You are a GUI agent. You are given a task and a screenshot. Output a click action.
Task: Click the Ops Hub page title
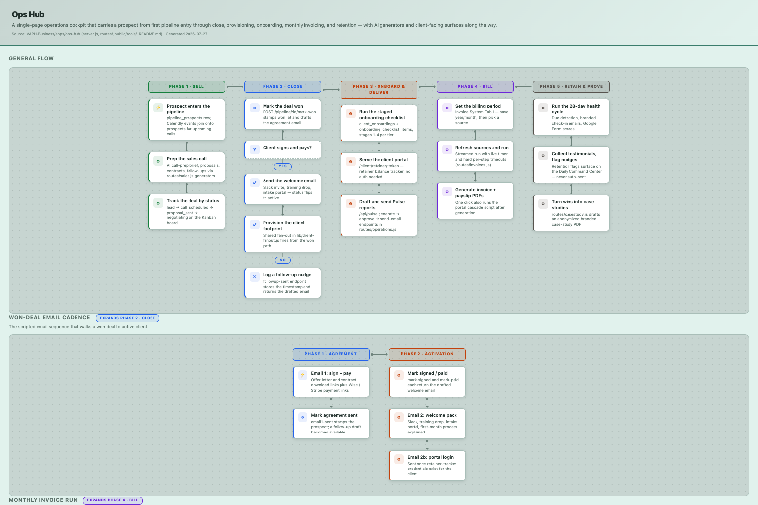tap(28, 14)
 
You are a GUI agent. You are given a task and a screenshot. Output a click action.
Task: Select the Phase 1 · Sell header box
tap(187, 87)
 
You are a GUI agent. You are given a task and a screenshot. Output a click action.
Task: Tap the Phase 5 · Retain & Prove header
tap(571, 87)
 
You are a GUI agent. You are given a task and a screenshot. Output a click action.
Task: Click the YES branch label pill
tap(283, 166)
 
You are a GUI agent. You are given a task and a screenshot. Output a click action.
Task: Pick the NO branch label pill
tap(283, 260)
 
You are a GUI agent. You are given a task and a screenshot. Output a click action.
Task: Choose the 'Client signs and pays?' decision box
tap(283, 149)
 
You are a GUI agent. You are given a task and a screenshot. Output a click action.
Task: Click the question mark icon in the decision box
tap(255, 149)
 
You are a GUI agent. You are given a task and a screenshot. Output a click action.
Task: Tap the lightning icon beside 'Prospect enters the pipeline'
tap(158, 108)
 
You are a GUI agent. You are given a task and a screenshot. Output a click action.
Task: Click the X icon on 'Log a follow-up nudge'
tap(255, 276)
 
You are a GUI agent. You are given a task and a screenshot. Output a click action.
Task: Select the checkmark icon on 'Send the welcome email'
tap(255, 182)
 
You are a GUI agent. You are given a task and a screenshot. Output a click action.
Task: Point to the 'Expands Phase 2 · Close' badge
tap(128, 318)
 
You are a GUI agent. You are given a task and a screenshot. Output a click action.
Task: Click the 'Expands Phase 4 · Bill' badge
tap(113, 500)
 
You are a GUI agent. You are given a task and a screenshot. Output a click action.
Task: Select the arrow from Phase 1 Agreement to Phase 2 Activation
tap(379, 354)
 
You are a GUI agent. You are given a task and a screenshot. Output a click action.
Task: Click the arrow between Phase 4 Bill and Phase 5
tap(523, 87)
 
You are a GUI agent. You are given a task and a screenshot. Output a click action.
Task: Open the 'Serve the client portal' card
tap(379, 168)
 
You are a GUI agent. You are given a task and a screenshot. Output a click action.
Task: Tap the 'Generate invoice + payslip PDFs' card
tap(475, 201)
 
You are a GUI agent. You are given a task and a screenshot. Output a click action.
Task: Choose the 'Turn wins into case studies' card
tap(571, 213)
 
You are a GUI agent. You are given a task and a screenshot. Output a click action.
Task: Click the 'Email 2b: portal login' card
tap(427, 466)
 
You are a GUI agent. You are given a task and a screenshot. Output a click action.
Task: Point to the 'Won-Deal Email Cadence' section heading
tap(49, 317)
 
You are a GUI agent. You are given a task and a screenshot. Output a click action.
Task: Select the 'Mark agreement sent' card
tap(331, 424)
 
